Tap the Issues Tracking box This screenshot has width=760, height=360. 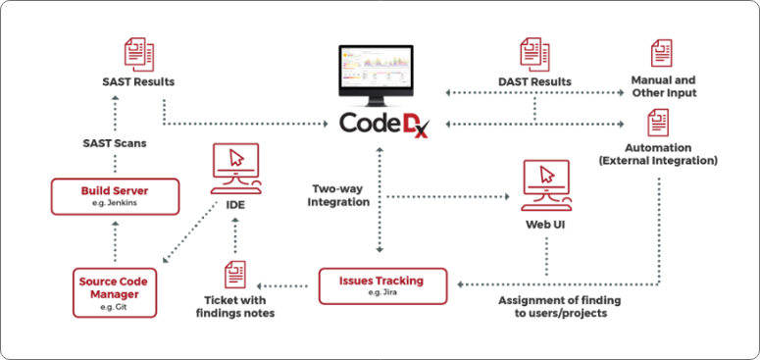coord(382,286)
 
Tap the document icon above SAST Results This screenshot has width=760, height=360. coord(139,54)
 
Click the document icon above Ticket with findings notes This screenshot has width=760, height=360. coord(235,275)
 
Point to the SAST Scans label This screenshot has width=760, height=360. coord(115,143)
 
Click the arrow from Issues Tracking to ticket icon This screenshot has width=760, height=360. coord(284,286)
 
